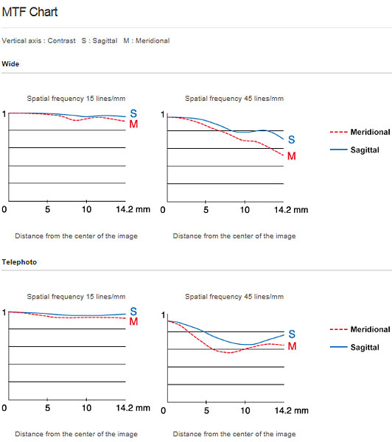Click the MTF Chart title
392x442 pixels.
pos(29,12)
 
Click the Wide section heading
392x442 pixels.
pos(10,64)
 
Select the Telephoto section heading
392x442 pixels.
pos(19,262)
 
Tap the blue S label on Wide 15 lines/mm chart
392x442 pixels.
pos(133,113)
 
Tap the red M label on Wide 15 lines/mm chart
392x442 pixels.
pos(133,124)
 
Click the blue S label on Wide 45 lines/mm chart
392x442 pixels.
pos(292,139)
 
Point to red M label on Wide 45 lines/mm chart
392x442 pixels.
pos(292,156)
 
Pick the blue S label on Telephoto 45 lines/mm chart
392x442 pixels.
pos(292,334)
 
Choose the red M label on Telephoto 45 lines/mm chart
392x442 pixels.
pos(293,346)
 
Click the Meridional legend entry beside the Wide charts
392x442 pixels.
pos(360,132)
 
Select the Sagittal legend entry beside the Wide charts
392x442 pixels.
pos(354,150)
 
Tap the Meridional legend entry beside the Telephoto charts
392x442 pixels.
pos(360,329)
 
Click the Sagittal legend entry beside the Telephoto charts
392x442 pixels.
pos(354,347)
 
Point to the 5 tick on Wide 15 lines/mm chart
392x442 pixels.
pos(47,209)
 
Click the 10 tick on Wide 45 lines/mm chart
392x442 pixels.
pos(245,210)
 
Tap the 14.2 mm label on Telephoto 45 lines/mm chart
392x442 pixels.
pos(291,410)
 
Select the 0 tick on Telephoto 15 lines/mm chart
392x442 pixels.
pos(4,408)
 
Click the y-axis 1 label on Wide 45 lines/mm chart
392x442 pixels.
pos(163,114)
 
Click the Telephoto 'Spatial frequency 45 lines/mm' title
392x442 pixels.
pos(234,297)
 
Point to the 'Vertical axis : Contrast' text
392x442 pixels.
pos(38,41)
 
